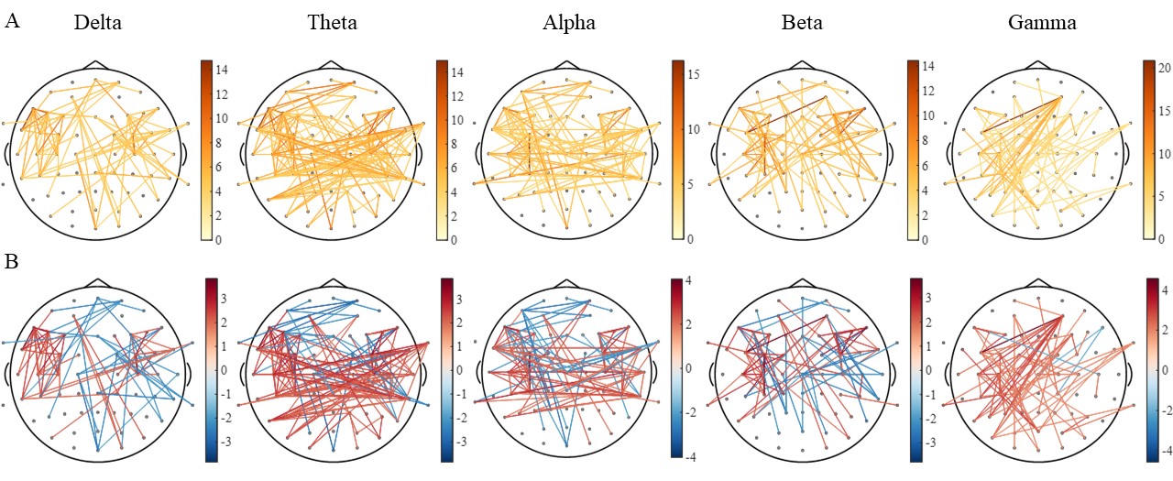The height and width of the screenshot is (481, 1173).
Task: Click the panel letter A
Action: click(12, 21)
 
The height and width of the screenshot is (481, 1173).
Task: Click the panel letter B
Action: click(12, 263)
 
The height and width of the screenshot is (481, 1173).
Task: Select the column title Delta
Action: click(97, 23)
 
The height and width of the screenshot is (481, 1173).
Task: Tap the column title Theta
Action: click(333, 23)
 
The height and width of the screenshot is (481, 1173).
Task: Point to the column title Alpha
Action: click(568, 23)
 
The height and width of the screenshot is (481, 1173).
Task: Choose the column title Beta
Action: click(804, 23)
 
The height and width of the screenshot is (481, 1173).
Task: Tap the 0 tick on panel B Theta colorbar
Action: click(463, 369)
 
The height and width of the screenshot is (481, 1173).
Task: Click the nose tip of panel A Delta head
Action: click(95, 63)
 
